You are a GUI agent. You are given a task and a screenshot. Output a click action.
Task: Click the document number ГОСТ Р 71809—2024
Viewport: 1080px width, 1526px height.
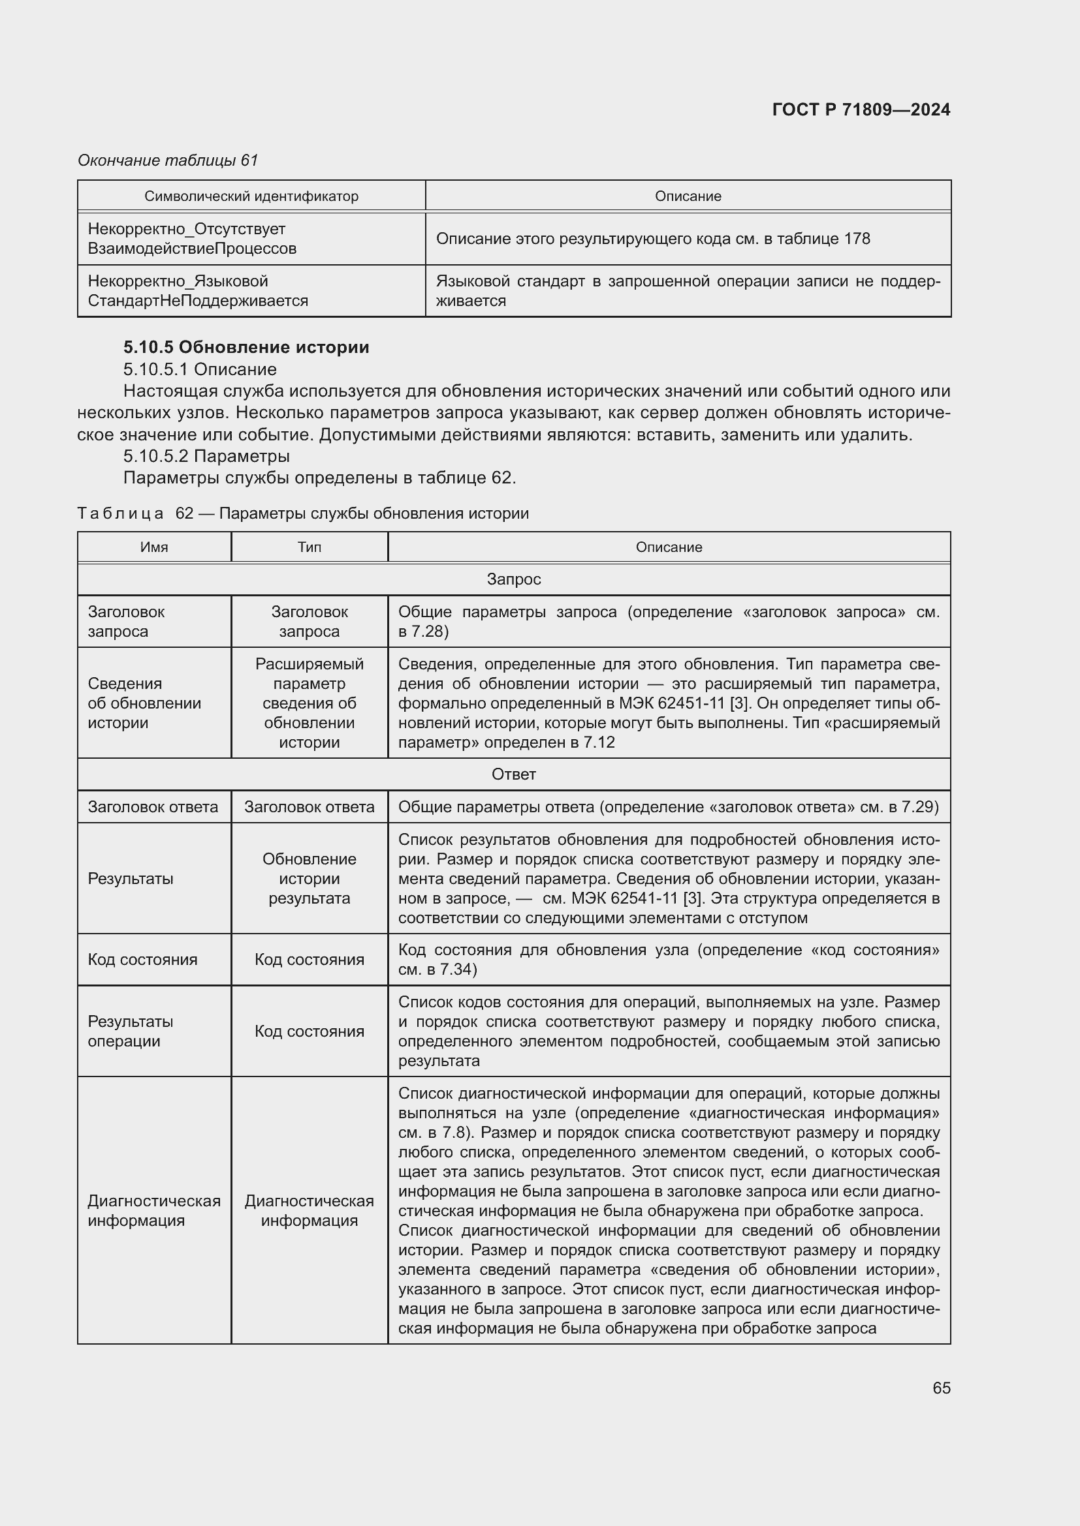click(861, 110)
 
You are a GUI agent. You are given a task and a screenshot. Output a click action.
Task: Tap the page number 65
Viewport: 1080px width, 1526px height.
click(941, 1387)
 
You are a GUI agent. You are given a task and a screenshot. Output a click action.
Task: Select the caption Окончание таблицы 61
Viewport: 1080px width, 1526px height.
click(168, 160)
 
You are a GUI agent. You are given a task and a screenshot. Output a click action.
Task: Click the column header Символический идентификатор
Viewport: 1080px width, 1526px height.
click(251, 196)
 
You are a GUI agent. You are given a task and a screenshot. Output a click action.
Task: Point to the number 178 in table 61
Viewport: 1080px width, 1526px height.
click(857, 239)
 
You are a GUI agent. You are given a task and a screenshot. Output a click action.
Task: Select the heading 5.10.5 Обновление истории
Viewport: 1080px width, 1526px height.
click(246, 347)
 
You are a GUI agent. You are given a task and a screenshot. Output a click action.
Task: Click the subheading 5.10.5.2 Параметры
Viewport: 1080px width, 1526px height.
click(206, 456)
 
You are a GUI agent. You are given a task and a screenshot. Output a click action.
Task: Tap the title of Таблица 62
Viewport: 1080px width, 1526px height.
click(303, 513)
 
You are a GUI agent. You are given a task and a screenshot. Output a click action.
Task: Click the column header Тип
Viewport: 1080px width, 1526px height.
click(310, 547)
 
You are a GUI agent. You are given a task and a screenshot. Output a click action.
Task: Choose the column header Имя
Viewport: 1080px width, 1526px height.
click(154, 547)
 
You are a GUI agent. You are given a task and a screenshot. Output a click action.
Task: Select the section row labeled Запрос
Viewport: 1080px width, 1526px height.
click(513, 579)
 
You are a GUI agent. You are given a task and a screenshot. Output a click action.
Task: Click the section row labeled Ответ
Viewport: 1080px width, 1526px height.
click(513, 774)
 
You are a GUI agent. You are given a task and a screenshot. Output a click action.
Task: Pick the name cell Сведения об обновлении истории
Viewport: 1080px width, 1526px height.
click(144, 703)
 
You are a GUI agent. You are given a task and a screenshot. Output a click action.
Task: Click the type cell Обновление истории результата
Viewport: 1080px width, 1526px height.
click(310, 879)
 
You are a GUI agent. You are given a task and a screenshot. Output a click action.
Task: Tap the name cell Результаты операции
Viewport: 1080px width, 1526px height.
click(131, 1031)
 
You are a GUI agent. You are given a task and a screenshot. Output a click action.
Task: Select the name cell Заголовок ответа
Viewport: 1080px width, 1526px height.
click(153, 807)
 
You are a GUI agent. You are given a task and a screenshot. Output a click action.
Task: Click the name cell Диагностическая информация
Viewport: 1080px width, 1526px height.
click(154, 1210)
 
